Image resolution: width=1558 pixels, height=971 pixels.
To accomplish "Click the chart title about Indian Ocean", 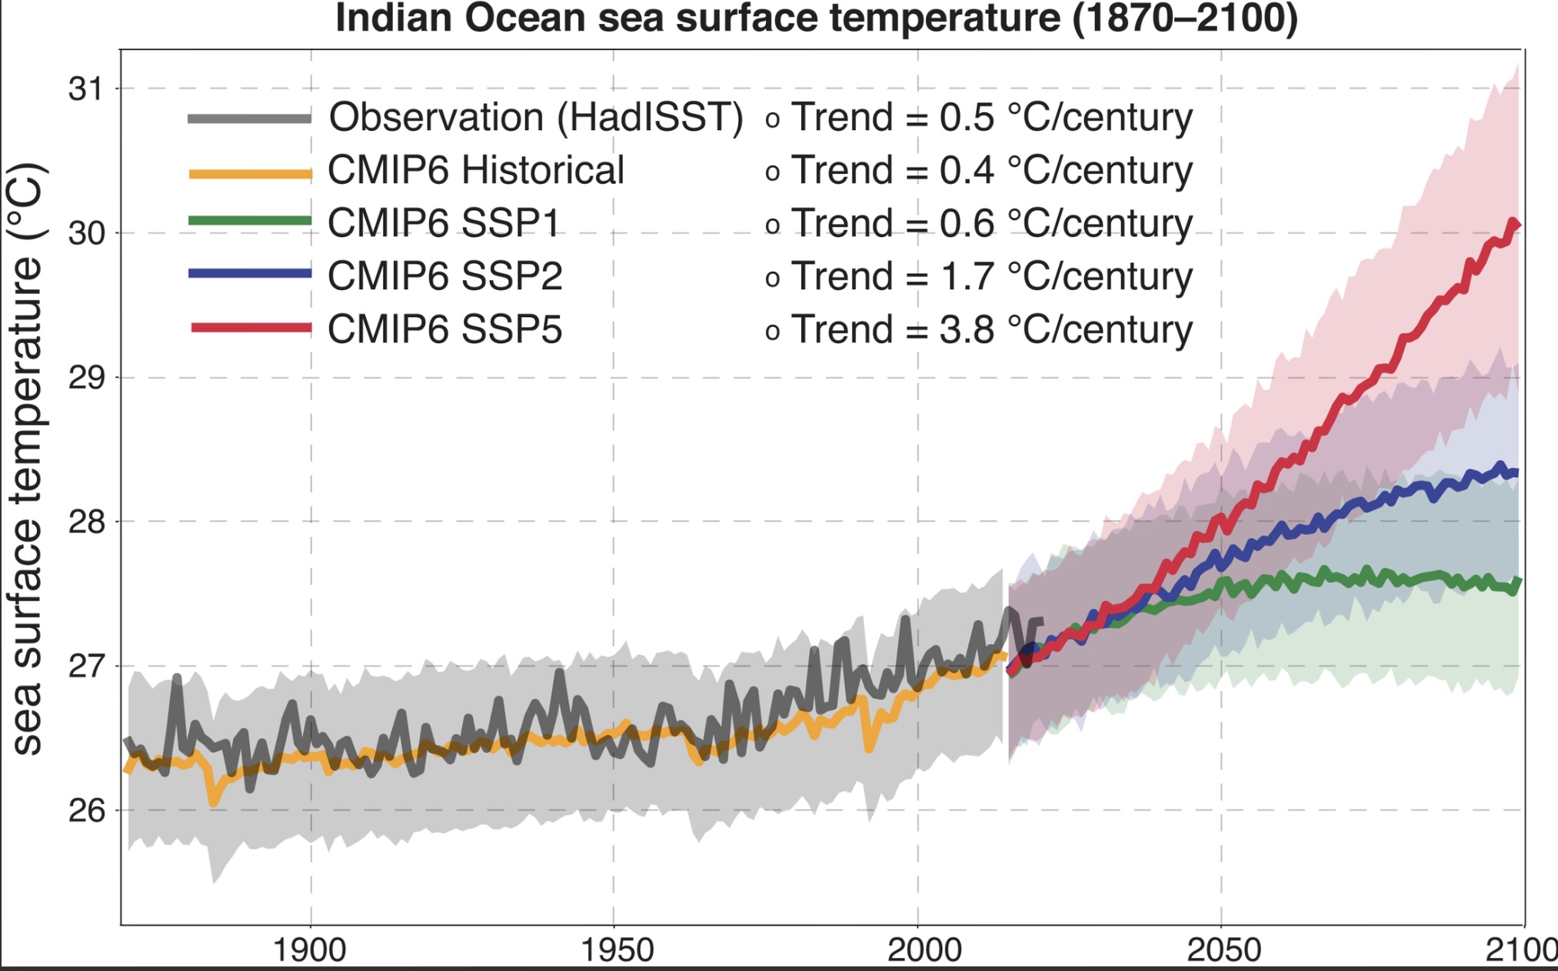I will [x=816, y=18].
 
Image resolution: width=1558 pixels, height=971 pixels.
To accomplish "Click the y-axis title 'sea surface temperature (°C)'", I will [x=28, y=459].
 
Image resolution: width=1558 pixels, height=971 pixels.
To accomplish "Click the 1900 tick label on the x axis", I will [x=310, y=950].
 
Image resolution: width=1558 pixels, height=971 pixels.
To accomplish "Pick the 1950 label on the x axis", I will [x=616, y=950].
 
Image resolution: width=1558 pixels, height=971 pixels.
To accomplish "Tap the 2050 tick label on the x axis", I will [x=1223, y=950].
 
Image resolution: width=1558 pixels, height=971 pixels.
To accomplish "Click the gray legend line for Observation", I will [x=250, y=118].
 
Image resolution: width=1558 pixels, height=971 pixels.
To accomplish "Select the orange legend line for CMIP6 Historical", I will [x=250, y=174].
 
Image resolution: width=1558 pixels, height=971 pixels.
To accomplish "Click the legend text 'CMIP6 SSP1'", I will [x=444, y=223].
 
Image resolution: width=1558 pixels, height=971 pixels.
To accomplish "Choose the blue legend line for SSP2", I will [x=250, y=273].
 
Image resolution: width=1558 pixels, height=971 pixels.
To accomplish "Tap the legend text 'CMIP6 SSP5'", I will [x=444, y=329].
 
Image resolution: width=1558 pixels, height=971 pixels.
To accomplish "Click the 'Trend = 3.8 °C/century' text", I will [x=991, y=329].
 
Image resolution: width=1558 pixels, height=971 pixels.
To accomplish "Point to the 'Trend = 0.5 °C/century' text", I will [x=991, y=118].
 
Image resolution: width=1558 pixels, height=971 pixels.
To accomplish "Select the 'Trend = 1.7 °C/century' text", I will [x=991, y=276].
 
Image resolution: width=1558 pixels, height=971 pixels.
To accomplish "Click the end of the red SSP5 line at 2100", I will [x=1516, y=225].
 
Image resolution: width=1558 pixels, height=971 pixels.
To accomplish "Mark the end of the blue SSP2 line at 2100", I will [x=1516, y=473].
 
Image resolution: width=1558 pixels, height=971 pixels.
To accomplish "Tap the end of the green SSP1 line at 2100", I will [x=1517, y=582].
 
